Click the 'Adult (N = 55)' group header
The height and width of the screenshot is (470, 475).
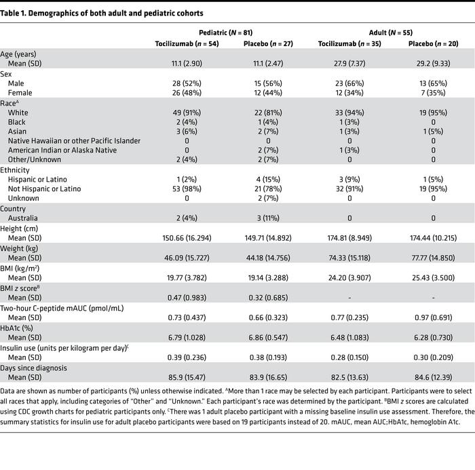point(389,33)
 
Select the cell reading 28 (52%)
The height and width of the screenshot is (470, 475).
point(187,83)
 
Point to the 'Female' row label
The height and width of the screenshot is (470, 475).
point(20,92)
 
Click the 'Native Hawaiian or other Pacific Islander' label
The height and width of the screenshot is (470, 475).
point(75,140)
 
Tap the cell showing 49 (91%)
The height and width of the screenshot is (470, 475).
point(187,113)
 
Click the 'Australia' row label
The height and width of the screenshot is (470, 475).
point(24,218)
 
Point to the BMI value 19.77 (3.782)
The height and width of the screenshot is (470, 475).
point(187,277)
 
